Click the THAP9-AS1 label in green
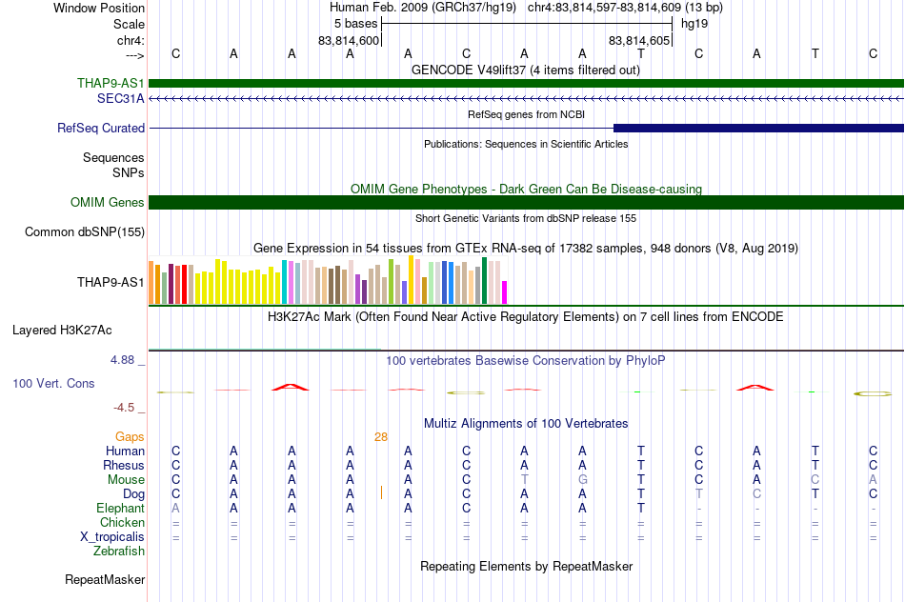point(111,83)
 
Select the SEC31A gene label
point(121,99)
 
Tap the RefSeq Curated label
point(101,129)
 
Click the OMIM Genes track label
point(108,203)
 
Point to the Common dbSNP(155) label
point(85,232)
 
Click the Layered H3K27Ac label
point(62,331)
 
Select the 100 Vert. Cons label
point(53,383)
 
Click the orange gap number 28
point(381,437)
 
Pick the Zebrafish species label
point(119,552)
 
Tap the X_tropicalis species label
point(112,537)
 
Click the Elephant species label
point(121,509)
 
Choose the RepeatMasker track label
point(105,579)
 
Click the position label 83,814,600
point(349,41)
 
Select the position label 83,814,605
point(639,41)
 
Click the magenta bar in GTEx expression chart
point(505,292)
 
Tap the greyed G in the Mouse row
point(583,480)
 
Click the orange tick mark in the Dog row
point(381,492)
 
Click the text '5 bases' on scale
point(355,24)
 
